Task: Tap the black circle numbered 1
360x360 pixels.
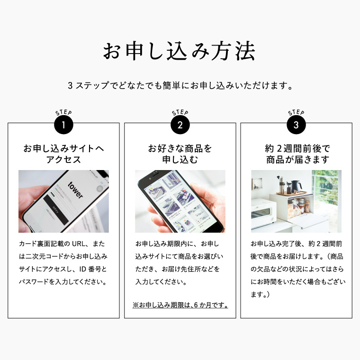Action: click(x=63, y=126)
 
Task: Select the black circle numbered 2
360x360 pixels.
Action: click(x=180, y=126)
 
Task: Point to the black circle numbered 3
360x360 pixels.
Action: click(x=296, y=126)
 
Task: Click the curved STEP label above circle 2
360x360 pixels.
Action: click(x=180, y=113)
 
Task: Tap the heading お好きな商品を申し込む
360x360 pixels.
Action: click(x=180, y=154)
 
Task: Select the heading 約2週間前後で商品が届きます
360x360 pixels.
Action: click(x=297, y=154)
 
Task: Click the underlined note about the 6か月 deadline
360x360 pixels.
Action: click(x=180, y=305)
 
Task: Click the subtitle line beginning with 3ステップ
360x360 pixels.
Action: click(x=180, y=86)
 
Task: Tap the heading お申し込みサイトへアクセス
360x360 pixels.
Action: click(x=63, y=154)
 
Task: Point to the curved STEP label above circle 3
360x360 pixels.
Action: click(x=296, y=113)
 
